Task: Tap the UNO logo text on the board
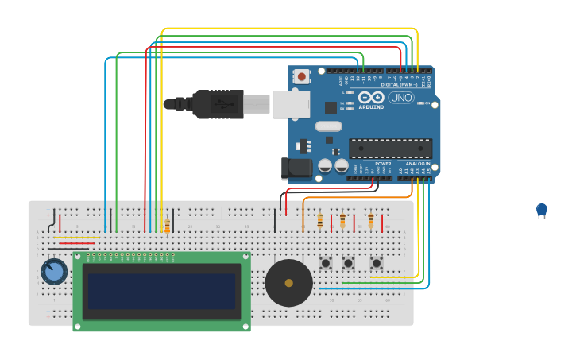click(400, 98)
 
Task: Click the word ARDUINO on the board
click(371, 106)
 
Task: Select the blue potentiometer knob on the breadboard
click(54, 272)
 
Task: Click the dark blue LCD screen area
click(162, 291)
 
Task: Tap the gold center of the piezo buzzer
click(288, 283)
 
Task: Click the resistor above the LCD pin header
click(167, 226)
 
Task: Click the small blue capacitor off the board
click(542, 210)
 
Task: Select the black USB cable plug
click(216, 104)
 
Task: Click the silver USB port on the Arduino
click(291, 104)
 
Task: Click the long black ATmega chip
click(390, 149)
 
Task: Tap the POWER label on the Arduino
click(383, 163)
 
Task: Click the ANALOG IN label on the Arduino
click(417, 163)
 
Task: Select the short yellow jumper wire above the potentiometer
click(76, 237)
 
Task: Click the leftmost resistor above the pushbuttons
click(320, 221)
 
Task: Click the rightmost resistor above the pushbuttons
click(370, 220)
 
